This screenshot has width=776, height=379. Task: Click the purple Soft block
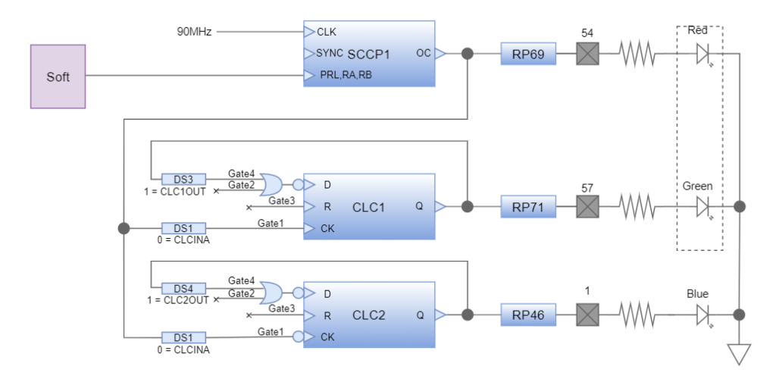[x=58, y=76]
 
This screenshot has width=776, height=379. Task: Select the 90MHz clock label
[x=193, y=32]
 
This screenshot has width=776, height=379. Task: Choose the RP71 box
[x=528, y=206]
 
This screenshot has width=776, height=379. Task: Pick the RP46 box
[x=528, y=314]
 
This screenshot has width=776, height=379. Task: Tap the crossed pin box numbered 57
[x=587, y=206]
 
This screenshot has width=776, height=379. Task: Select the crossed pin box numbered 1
[x=587, y=314]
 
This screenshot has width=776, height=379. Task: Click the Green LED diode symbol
[x=702, y=206]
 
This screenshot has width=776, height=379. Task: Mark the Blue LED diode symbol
[x=702, y=314]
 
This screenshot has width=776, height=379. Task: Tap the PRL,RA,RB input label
[x=346, y=75]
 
